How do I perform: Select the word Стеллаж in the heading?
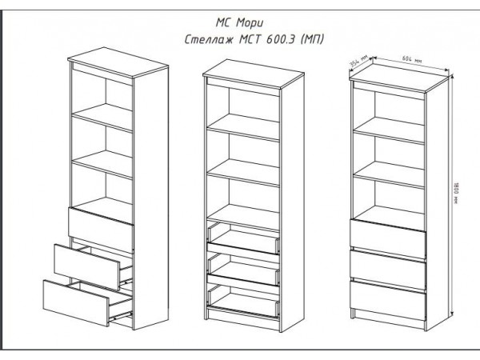(x=209, y=40)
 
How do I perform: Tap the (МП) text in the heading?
(x=311, y=39)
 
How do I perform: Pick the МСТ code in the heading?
(x=250, y=39)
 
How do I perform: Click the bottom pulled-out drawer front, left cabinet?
(x=76, y=302)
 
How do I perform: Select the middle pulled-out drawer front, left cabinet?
(x=87, y=266)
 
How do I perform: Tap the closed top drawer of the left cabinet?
(x=101, y=230)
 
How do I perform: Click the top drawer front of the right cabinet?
(x=388, y=238)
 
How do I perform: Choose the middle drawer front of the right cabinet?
(x=388, y=270)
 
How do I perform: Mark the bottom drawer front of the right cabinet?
(x=388, y=300)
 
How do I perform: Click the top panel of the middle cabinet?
(x=254, y=74)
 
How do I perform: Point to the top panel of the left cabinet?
(x=118, y=62)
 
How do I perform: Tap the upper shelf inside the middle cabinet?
(x=243, y=126)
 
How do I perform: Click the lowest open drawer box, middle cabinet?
(x=244, y=301)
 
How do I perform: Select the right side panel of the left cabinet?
(x=151, y=198)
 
